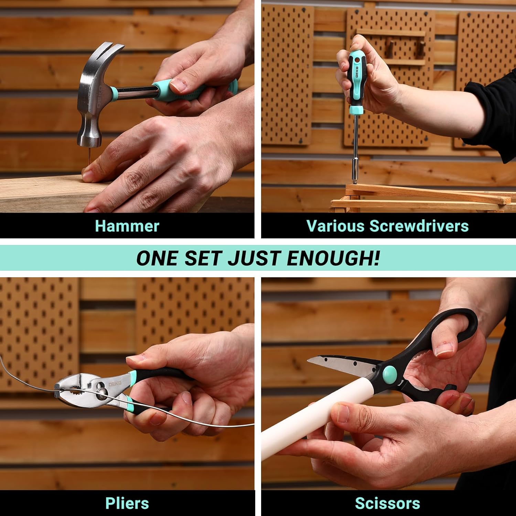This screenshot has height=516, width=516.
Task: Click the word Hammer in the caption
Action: (127, 226)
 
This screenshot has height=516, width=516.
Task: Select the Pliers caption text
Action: (127, 503)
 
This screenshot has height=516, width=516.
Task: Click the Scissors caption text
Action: (387, 503)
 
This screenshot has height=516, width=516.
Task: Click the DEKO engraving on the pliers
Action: (115, 384)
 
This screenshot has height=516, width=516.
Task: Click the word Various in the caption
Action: (335, 226)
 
